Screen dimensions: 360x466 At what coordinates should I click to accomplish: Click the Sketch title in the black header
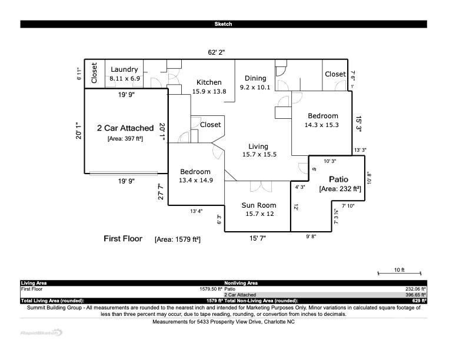click(223, 24)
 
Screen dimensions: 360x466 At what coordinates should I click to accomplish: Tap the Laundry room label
click(124, 69)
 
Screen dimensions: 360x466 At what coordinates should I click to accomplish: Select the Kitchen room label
click(209, 82)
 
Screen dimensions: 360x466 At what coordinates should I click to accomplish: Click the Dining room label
click(255, 78)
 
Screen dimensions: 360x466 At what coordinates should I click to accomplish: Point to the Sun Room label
click(259, 205)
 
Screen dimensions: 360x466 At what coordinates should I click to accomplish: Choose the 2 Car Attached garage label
click(125, 128)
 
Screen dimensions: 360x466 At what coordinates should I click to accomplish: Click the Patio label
click(339, 179)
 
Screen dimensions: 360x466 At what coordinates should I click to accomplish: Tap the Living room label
click(258, 146)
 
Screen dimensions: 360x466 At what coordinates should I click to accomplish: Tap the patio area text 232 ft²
click(339, 189)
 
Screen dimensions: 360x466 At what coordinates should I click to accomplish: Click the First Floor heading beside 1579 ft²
click(123, 239)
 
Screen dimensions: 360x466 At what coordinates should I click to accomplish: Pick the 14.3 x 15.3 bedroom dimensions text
click(321, 125)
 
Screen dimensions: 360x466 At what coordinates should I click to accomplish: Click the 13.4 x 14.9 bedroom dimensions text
click(196, 181)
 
